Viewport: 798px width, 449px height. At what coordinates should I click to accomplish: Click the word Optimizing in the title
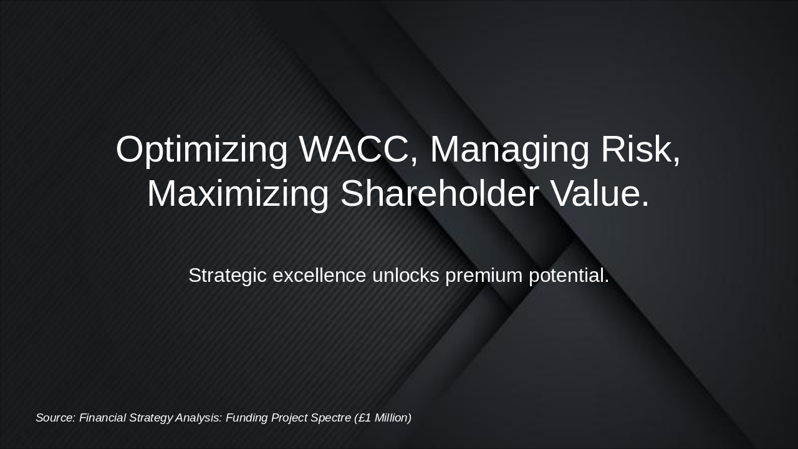201,150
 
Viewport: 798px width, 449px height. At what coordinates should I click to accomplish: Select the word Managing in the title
509,150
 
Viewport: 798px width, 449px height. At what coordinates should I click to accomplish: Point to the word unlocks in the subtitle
406,275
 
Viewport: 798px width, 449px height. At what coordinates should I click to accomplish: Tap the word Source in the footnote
55,418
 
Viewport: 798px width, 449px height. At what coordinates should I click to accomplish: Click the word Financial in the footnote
102,418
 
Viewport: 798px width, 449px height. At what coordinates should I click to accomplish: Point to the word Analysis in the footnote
198,418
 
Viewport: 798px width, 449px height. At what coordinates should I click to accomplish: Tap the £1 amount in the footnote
364,418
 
